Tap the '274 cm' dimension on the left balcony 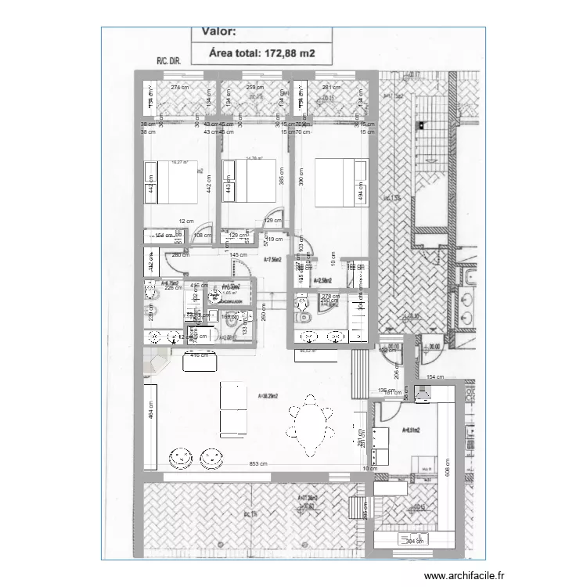pos(181,88)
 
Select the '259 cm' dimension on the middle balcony pos(254,88)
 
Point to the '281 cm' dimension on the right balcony pos(332,88)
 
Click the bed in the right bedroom pos(340,182)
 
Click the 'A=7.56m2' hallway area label pos(272,260)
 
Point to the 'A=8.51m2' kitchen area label pos(411,430)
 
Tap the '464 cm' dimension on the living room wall pos(150,416)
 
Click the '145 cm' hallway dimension pos(238,254)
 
